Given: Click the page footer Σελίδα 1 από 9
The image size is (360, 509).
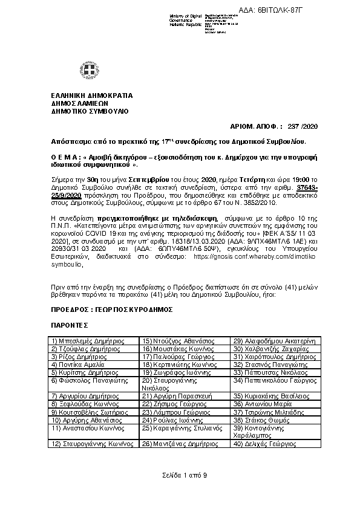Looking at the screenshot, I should (180, 475).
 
